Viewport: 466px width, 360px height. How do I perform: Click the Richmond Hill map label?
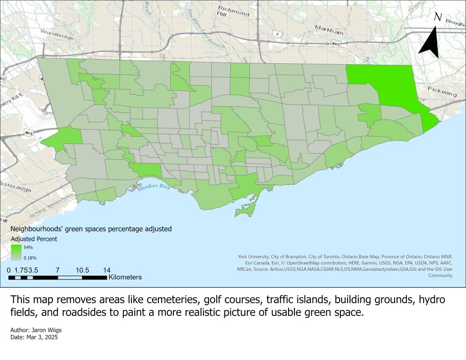pos(233,11)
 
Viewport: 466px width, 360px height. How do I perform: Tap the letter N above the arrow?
pos(438,17)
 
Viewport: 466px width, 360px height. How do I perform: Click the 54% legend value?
pos(28,248)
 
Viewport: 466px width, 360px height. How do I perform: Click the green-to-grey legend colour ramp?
pos(16,253)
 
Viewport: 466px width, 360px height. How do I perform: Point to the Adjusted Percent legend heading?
pos(34,239)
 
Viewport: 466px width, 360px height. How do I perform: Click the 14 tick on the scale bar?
pos(107,269)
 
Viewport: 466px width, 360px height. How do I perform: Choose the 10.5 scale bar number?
pos(82,269)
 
